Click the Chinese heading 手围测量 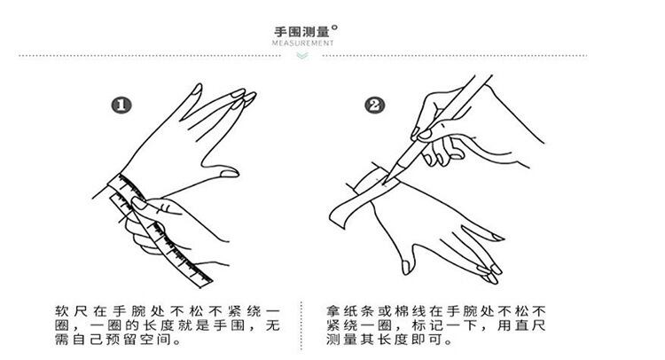tap(301, 32)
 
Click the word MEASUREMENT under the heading tap(303, 43)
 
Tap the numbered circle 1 tap(121, 106)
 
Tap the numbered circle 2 tap(375, 105)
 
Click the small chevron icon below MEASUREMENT tap(302, 56)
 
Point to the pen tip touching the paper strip tap(385, 183)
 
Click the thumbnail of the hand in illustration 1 tap(230, 174)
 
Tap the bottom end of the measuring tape tap(206, 283)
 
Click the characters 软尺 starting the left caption tap(71, 311)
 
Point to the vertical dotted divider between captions tap(301, 325)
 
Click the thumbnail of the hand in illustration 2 tap(406, 267)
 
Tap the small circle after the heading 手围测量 tap(334, 28)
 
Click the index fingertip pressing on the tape tap(138, 203)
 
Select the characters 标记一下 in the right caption tap(443, 325)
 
